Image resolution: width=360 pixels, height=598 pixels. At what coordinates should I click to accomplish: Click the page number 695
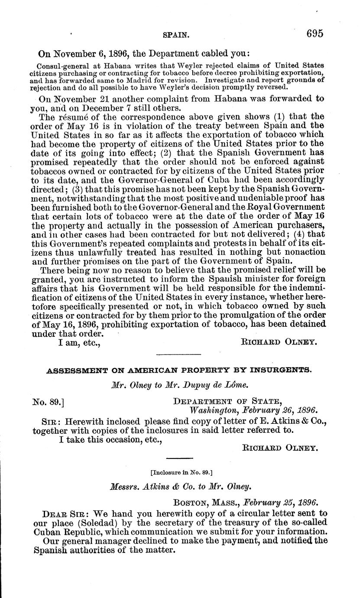pos(315,33)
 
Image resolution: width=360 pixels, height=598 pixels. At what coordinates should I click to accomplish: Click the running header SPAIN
pos(175,34)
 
